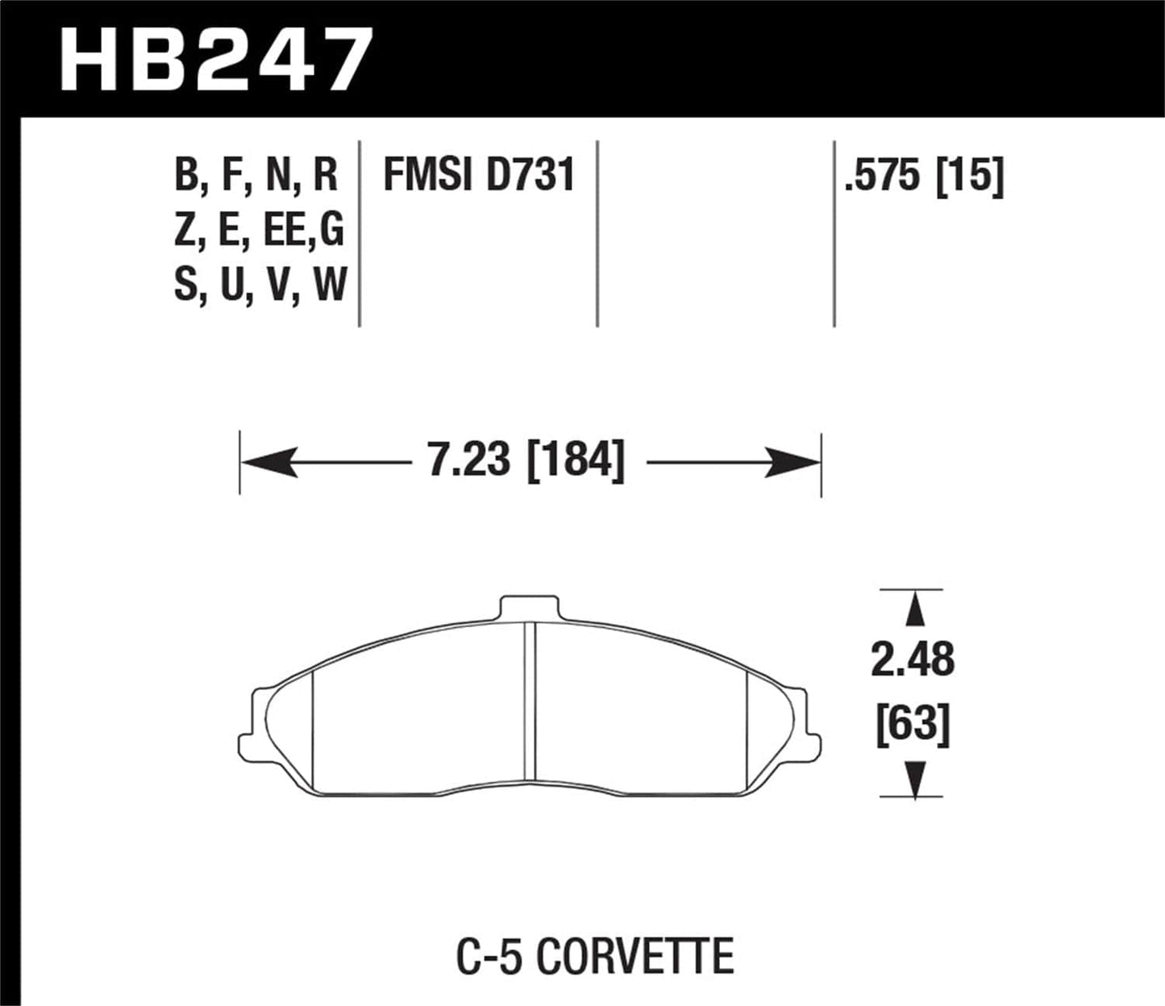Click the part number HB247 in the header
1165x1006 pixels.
click(216, 58)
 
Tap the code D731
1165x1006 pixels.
click(530, 175)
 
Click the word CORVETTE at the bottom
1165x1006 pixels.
click(635, 956)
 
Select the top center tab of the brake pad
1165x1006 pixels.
click(528, 608)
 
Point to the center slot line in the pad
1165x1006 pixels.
click(530, 701)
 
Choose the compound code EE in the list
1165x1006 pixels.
click(282, 231)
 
